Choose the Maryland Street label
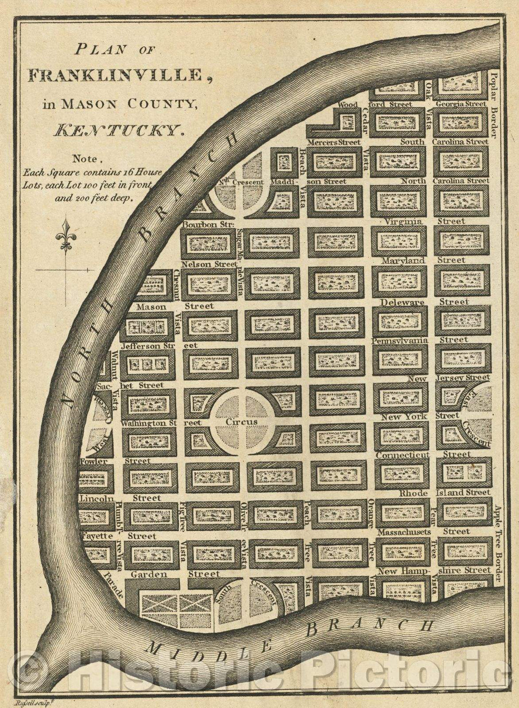[x=423, y=260]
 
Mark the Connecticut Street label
[x=423, y=454]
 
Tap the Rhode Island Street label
[x=445, y=492]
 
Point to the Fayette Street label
[x=118, y=536]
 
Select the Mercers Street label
[x=334, y=143]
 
